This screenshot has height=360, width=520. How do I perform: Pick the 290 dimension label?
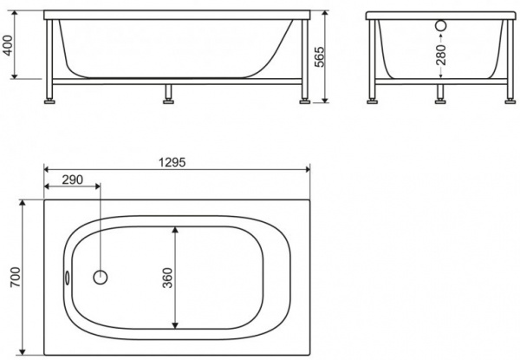click(72, 180)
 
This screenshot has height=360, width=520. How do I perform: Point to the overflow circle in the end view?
click(442, 26)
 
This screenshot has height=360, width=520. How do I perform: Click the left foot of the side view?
click(52, 100)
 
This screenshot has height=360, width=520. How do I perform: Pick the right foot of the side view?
click(302, 100)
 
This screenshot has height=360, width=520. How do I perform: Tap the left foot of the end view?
click(374, 100)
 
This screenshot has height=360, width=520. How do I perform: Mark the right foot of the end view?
click(508, 100)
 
